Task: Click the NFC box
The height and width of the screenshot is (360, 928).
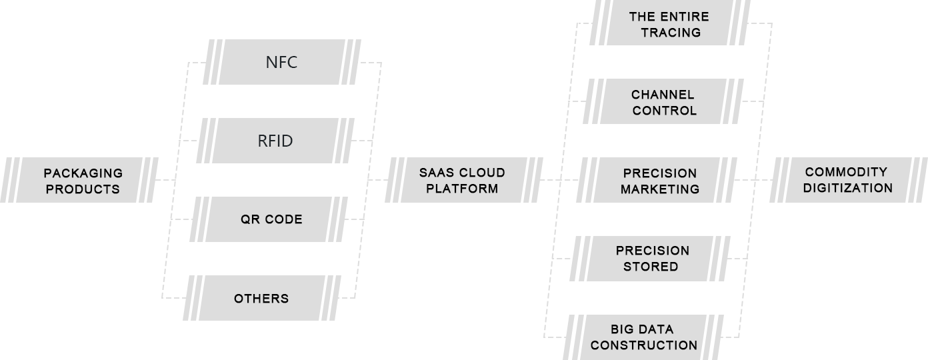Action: coord(281,63)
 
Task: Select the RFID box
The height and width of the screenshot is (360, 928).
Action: coord(275,141)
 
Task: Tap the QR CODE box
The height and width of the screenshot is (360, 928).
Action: coord(271,219)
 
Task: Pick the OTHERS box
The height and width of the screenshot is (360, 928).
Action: coord(261,298)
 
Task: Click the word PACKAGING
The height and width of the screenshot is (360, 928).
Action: coord(83,173)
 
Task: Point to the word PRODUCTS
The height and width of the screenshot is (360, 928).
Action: coord(83,189)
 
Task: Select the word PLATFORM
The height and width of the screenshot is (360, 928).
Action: coord(462,188)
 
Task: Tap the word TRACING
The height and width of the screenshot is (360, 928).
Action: coord(671,32)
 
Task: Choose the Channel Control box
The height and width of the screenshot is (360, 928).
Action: coord(660,101)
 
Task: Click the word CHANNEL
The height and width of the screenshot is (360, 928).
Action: coord(663,95)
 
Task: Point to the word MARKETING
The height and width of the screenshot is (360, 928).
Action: coord(660,189)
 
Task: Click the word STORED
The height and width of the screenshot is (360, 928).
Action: coord(651,266)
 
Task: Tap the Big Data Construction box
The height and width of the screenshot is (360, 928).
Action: coord(643,337)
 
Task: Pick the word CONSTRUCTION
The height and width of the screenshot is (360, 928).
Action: coord(644,345)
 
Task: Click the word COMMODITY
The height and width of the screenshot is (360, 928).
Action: coord(846,172)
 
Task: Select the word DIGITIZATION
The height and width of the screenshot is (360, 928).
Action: coord(847,187)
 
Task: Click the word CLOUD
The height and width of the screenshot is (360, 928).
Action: coord(482,173)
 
